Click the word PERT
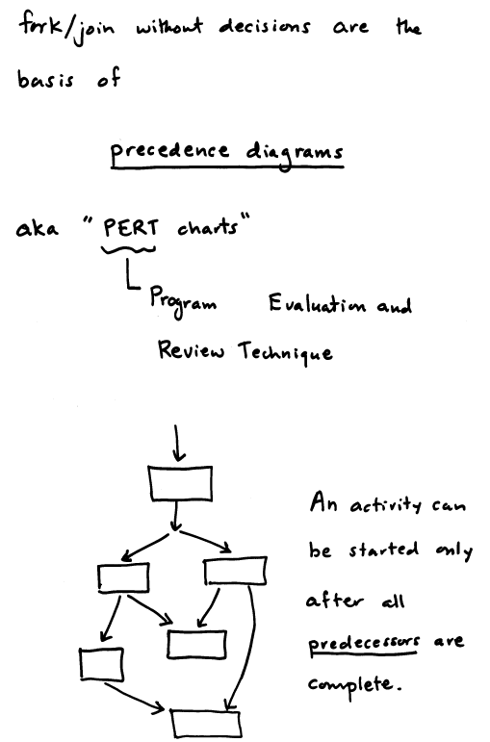point(131,228)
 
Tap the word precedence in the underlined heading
point(170,152)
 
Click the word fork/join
point(66,29)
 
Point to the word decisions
point(265,27)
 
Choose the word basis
point(45,79)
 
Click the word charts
point(208,228)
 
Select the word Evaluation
point(317,303)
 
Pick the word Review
point(192,350)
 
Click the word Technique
point(286,352)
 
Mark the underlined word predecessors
point(364,644)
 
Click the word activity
point(385,505)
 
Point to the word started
point(384,550)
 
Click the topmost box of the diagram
point(180,484)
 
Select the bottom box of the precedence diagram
point(206,725)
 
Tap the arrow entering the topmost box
point(177,443)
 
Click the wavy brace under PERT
point(128,249)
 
